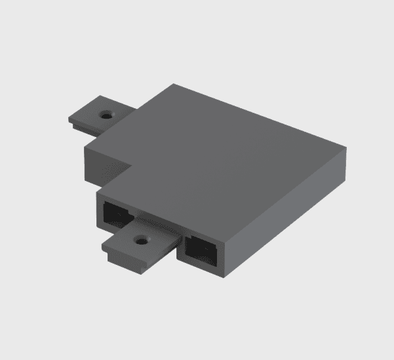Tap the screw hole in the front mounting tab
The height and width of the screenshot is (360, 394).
[x=140, y=240]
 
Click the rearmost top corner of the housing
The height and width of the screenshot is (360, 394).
[x=174, y=85]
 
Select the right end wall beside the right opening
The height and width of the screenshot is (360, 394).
[x=224, y=256]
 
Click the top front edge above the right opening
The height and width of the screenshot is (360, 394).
[x=197, y=230]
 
